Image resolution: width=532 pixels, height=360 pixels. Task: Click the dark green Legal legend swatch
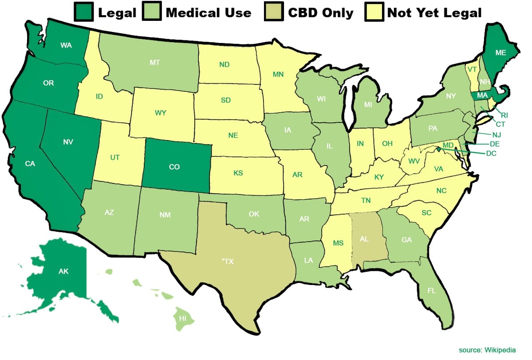click(83, 12)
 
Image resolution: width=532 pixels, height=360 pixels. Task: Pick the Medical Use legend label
click(208, 12)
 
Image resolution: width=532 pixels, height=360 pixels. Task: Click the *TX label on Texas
click(227, 262)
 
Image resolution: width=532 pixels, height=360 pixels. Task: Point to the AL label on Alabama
click(364, 239)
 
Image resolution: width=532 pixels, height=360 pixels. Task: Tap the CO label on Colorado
click(175, 167)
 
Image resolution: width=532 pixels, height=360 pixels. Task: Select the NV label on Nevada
click(68, 142)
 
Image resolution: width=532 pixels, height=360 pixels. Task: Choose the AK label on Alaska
click(63, 271)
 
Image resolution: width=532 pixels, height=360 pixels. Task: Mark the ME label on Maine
click(488, 52)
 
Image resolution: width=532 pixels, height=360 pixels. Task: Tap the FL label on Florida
click(431, 291)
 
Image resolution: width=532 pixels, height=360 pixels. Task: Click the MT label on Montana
click(154, 63)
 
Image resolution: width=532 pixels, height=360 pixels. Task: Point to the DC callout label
click(491, 153)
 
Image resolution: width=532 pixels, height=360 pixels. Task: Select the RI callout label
click(504, 115)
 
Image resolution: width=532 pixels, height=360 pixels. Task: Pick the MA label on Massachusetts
click(482, 96)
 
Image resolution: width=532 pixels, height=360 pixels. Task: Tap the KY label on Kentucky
click(379, 177)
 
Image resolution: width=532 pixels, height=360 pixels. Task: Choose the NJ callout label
click(497, 134)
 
